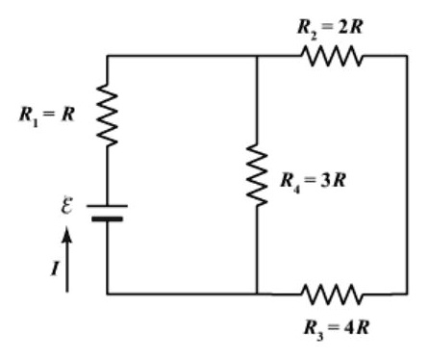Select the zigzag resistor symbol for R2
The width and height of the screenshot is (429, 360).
tap(333, 56)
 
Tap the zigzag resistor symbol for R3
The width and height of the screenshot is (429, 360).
tap(333, 292)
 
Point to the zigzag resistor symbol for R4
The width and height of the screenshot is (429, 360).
tap(258, 176)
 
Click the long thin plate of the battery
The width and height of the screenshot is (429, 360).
tap(107, 205)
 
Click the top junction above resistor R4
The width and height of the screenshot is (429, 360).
tap(258, 56)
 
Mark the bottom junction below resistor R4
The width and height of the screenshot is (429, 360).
tap(258, 292)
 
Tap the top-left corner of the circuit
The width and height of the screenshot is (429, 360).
tap(107, 56)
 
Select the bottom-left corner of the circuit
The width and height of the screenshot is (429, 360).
tap(107, 292)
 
